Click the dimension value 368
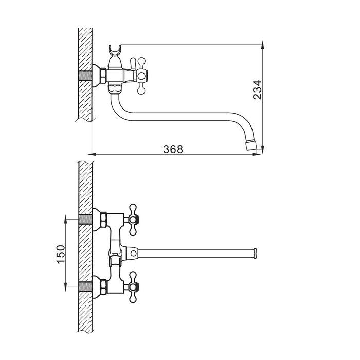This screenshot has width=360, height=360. pyautogui.click(x=173, y=149)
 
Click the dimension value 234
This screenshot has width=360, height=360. pyautogui.click(x=257, y=89)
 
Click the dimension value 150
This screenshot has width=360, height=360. pyautogui.click(x=61, y=254)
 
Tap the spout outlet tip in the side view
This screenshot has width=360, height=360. pyautogui.click(x=250, y=146)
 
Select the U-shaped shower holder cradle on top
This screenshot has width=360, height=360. pyautogui.click(x=114, y=50)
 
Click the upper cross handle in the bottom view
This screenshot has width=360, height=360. pyautogui.click(x=133, y=220)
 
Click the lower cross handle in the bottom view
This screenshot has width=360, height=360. pyautogui.click(x=133, y=287)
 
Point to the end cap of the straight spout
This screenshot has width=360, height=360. pyautogui.click(x=255, y=253)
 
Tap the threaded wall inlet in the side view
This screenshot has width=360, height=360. pyautogui.click(x=85, y=76)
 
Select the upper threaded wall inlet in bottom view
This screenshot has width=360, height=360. pyautogui.click(x=85, y=220)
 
